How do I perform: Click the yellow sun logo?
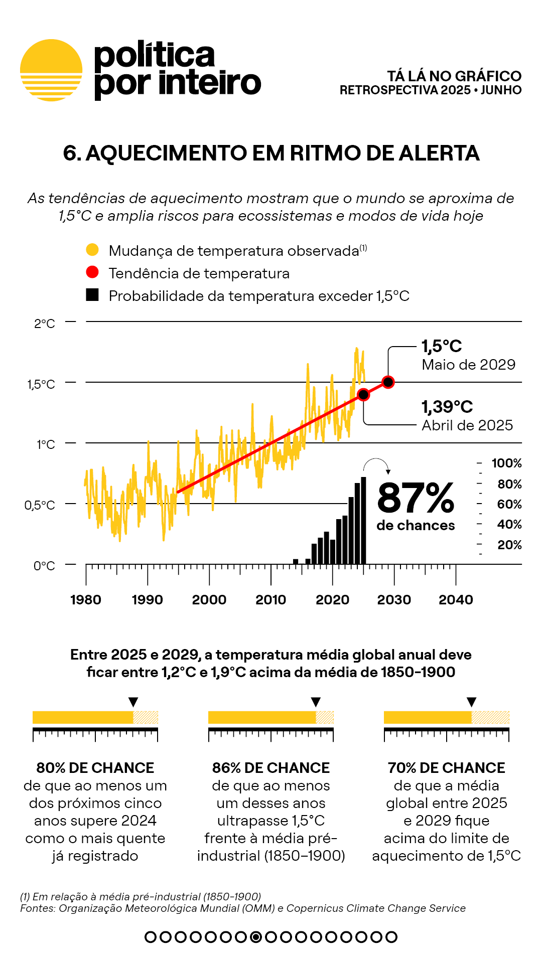point(51,70)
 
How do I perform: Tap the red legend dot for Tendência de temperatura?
point(92,272)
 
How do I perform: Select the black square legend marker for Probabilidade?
point(92,295)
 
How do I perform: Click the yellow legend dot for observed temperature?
point(92,250)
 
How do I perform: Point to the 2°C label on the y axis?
point(45,324)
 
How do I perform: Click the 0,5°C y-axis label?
point(40,505)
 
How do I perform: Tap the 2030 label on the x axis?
point(394,600)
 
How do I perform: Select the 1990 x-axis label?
point(147,600)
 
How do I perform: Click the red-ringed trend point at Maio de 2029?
point(388,382)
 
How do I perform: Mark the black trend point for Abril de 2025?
point(363,395)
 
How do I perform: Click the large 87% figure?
point(416,499)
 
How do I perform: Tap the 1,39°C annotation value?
point(447,407)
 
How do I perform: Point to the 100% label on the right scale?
point(506,463)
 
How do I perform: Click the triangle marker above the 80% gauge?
point(133,702)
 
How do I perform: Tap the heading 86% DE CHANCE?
point(271,768)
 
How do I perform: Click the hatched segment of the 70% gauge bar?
point(490,717)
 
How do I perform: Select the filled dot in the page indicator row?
point(256,937)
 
